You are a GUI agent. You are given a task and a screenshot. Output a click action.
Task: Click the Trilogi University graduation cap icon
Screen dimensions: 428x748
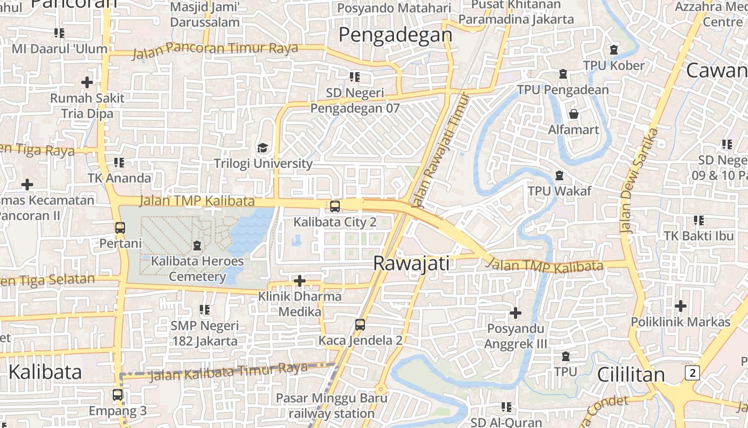pyautogui.click(x=262, y=148)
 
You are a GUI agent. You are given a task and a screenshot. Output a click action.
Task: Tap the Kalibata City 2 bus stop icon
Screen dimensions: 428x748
pyautogui.click(x=335, y=206)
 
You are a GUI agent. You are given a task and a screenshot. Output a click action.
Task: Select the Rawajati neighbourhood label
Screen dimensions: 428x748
pyautogui.click(x=411, y=263)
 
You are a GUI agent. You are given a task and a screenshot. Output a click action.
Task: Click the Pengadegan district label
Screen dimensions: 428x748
pyautogui.click(x=395, y=35)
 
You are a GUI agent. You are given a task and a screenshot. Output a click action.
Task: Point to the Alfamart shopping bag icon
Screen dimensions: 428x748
pyautogui.click(x=574, y=114)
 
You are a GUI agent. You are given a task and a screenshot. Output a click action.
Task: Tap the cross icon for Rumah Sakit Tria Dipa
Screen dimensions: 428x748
pyautogui.click(x=87, y=82)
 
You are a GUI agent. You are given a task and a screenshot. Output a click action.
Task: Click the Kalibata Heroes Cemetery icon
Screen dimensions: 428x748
pyautogui.click(x=197, y=246)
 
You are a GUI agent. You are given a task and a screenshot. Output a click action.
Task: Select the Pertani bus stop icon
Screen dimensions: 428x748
pyautogui.click(x=120, y=227)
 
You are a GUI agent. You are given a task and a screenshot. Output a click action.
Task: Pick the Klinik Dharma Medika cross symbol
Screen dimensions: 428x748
pyautogui.click(x=300, y=281)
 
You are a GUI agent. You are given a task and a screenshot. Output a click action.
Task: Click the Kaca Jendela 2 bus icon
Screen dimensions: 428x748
pyautogui.click(x=360, y=324)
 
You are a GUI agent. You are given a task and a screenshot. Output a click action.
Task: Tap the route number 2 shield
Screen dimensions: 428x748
pyautogui.click(x=692, y=372)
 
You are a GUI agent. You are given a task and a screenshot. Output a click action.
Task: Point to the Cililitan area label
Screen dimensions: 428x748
pyautogui.click(x=630, y=374)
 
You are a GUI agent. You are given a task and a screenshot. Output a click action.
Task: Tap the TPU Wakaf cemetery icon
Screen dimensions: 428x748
pyautogui.click(x=559, y=175)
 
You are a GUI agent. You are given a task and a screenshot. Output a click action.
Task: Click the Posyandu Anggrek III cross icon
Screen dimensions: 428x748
pyautogui.click(x=516, y=312)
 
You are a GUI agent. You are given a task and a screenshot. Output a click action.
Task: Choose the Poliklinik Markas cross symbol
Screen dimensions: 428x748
pyautogui.click(x=680, y=306)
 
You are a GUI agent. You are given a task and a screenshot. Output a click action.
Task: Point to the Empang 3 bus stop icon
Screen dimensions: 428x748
pyautogui.click(x=118, y=395)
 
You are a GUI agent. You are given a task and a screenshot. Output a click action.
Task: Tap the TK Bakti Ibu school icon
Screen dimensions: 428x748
pyautogui.click(x=698, y=220)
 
